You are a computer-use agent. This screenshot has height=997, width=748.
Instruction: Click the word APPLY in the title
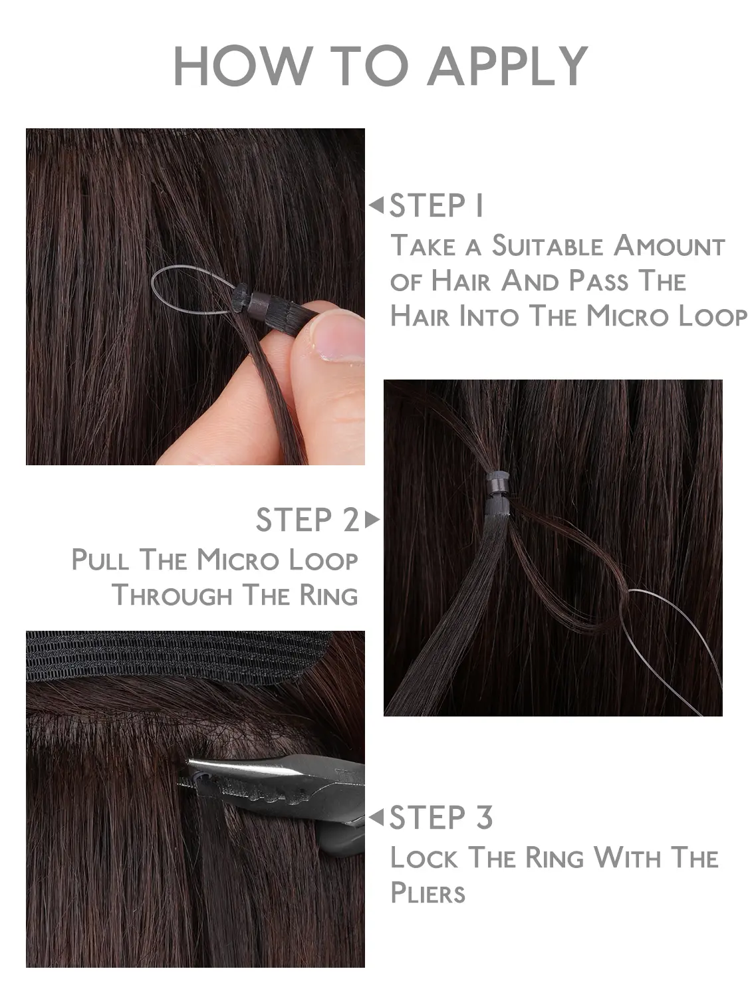pos(508,66)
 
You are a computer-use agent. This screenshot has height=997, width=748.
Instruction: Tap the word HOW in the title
pos(243,65)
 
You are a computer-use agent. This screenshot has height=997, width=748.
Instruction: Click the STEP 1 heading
pos(436,206)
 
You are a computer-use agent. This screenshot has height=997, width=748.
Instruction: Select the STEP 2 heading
pos(307,520)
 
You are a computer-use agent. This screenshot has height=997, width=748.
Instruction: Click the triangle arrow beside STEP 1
pos(376,205)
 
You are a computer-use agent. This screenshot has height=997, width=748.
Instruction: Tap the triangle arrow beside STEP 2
pos(372,520)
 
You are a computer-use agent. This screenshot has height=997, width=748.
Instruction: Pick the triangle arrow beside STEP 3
pos(376,817)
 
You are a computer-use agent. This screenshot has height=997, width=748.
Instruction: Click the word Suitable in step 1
pos(548,246)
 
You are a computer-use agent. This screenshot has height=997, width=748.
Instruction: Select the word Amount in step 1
pos(669,246)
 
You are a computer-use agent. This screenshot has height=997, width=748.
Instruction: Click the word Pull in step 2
pos(100,560)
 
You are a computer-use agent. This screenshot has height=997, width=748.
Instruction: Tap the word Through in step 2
pos(172,596)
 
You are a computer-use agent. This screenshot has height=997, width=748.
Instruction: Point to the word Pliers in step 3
pos(428,893)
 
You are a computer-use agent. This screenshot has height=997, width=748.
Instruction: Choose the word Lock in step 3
pos(424,857)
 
